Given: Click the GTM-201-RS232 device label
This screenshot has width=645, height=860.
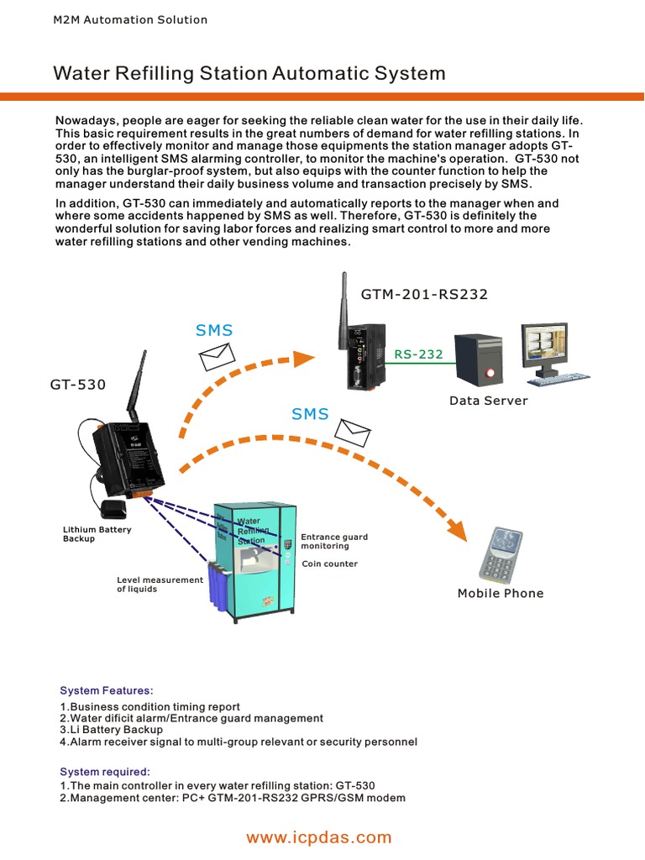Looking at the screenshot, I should tap(424, 294).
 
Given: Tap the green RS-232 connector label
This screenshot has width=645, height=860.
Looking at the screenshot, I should tap(418, 354).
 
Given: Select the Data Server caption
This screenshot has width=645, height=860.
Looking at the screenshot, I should tap(488, 401).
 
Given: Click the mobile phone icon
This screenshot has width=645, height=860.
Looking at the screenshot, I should tap(502, 555).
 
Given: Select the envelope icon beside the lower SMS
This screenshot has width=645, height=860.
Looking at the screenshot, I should tap(353, 431).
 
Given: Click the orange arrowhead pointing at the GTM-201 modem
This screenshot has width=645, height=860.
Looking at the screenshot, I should tap(304, 358).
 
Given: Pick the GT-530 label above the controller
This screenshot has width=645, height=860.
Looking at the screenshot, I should tap(78, 385).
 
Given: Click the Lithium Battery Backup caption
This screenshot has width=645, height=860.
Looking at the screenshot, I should tap(97, 534).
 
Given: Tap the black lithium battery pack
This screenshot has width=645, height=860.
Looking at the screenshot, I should tap(112, 509).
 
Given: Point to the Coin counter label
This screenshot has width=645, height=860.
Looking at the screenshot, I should tap(330, 564).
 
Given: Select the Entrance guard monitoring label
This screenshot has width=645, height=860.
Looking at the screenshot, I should tap(334, 541).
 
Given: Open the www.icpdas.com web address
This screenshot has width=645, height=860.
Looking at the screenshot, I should tap(318, 837).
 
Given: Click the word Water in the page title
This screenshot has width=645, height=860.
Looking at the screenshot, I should tap(78, 73).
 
